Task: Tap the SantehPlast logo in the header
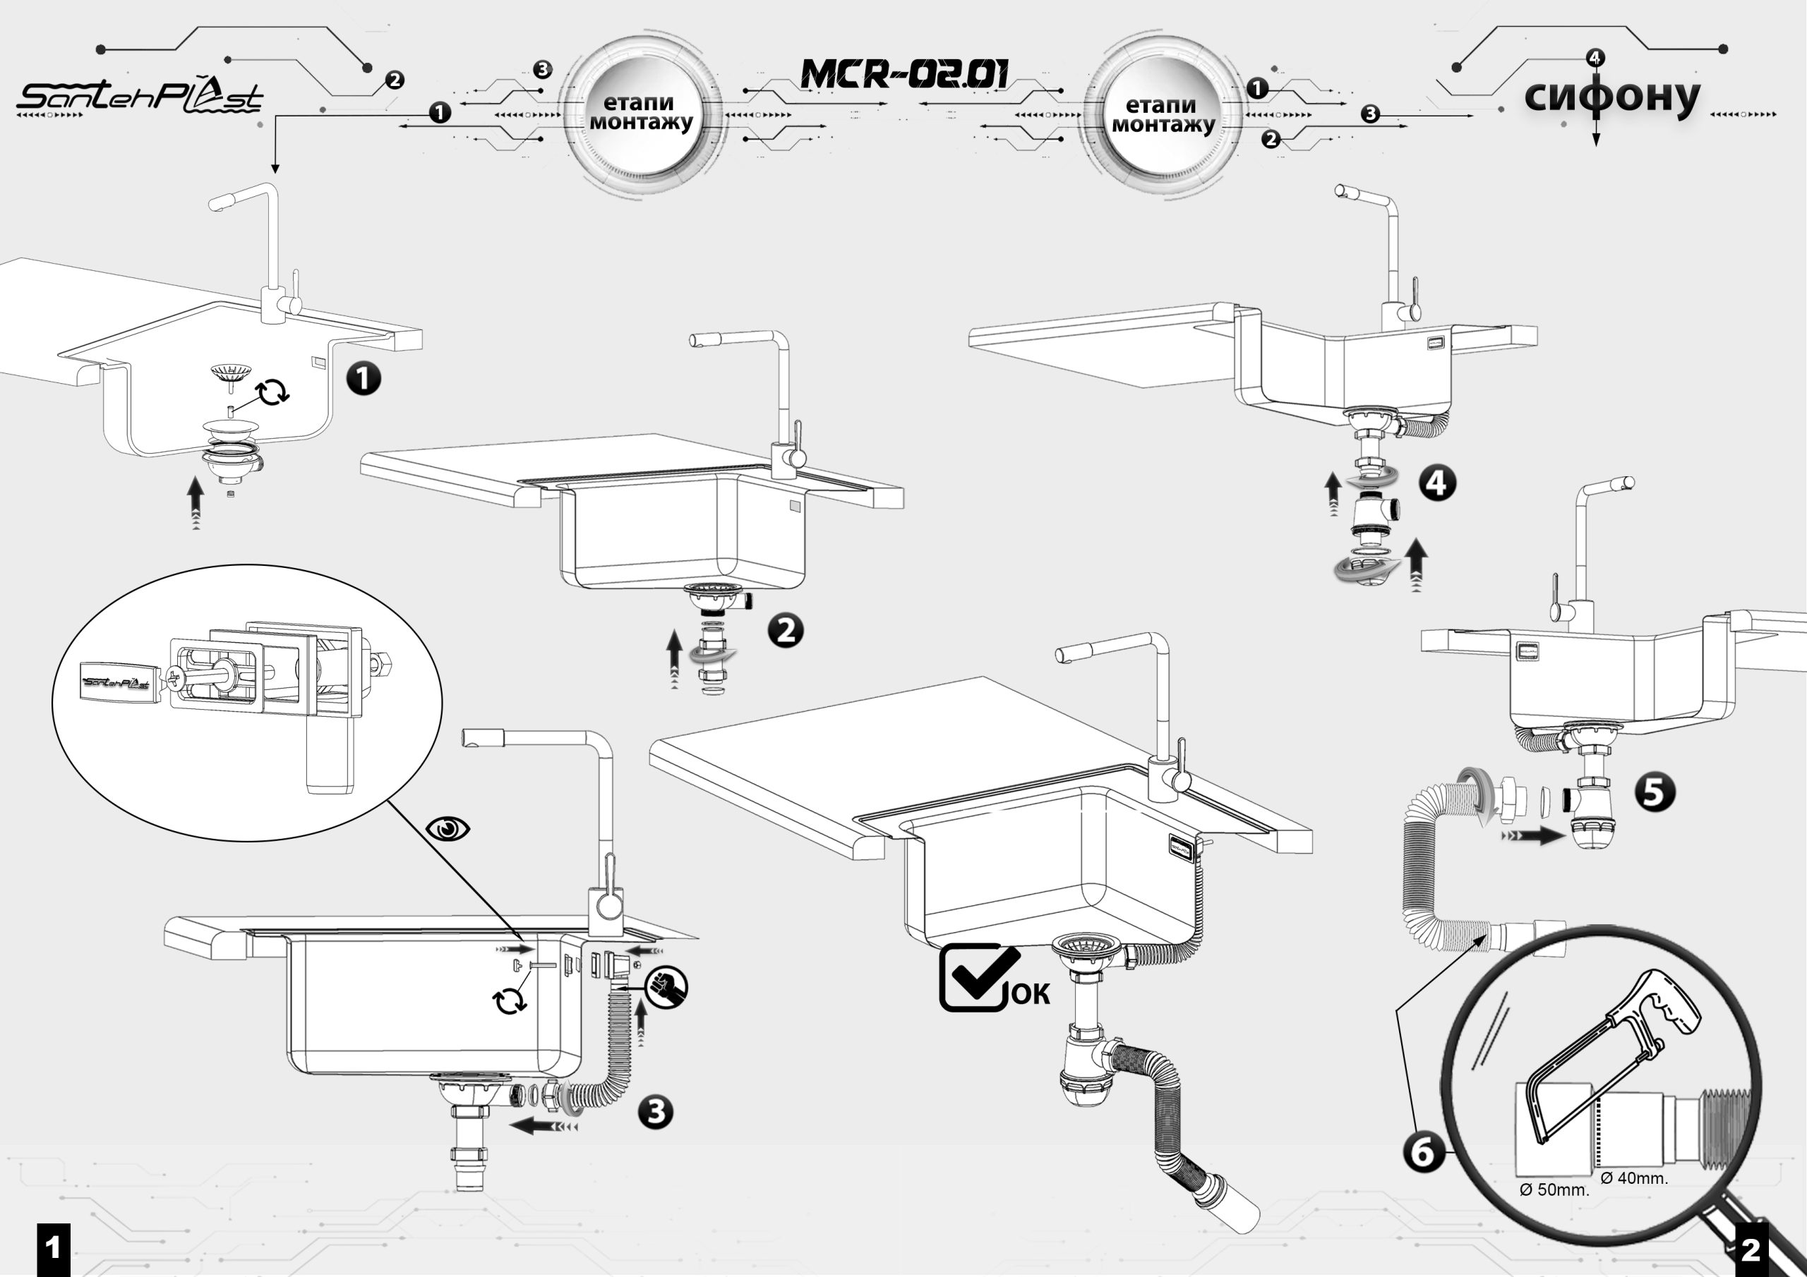coord(139,97)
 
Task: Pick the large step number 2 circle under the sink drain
coord(786,630)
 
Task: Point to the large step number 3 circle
coord(656,1112)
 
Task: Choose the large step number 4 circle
coord(1437,483)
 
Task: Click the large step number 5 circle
coord(1655,792)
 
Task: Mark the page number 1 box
coord(54,1249)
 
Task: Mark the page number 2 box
coord(1751,1249)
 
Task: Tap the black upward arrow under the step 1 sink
coord(196,499)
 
